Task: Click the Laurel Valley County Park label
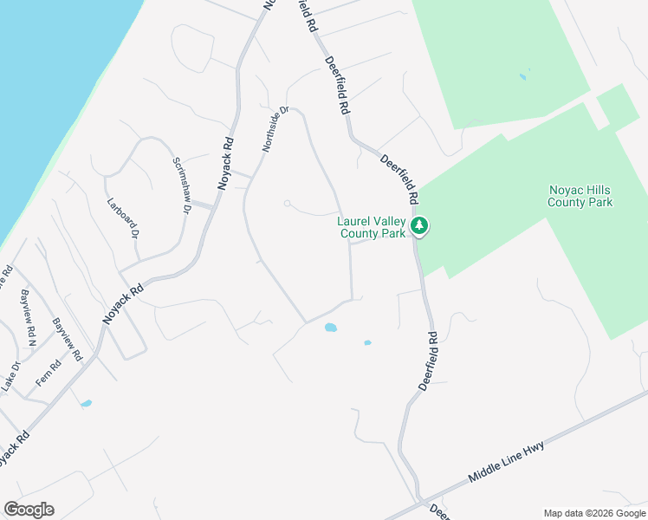click(x=371, y=227)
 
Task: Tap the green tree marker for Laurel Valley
click(x=420, y=226)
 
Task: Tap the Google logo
click(x=29, y=510)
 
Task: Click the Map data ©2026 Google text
click(x=594, y=512)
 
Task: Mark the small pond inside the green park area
click(x=522, y=77)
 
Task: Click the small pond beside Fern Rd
click(x=86, y=404)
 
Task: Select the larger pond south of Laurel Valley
click(x=330, y=328)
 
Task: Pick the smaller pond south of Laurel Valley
click(x=367, y=343)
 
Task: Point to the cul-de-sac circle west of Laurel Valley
click(x=287, y=205)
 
